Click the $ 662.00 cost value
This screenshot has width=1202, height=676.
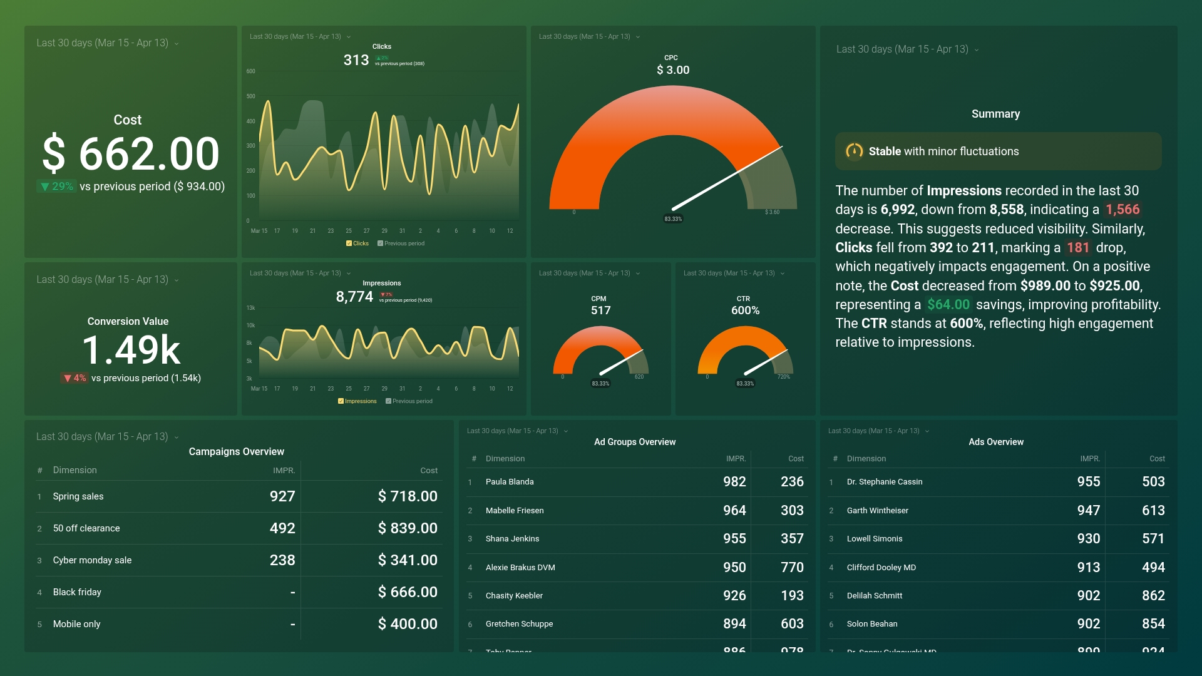[x=130, y=154]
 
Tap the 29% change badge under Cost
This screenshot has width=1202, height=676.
[x=56, y=187]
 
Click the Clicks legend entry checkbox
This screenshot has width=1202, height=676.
[x=349, y=243]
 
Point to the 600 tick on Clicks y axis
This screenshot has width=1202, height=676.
[x=250, y=71]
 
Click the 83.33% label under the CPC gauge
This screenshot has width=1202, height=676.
[x=673, y=219]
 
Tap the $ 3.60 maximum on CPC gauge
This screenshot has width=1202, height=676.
[x=772, y=212]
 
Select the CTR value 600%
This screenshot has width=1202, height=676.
[x=745, y=310]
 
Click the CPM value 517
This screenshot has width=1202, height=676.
[x=600, y=310]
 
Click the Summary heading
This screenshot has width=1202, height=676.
[x=995, y=114]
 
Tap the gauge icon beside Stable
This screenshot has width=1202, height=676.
[x=854, y=151]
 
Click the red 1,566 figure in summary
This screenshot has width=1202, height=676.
[x=1122, y=210]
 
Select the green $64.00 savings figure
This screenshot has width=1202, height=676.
[x=948, y=305]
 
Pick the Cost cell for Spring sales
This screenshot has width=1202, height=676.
[x=407, y=496]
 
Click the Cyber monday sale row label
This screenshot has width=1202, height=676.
[x=92, y=560]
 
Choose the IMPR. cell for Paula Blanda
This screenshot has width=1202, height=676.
[x=734, y=482]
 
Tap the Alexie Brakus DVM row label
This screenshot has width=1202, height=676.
[x=520, y=568]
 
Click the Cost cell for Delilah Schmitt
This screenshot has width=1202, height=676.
[x=1153, y=596]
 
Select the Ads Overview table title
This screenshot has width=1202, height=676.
[x=995, y=442]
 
